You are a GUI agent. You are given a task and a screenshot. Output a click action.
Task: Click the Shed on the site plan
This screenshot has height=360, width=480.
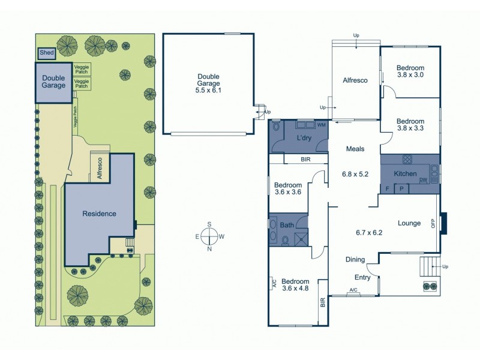[x=46, y=53]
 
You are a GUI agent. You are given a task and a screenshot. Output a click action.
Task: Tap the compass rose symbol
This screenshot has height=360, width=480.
[x=209, y=236]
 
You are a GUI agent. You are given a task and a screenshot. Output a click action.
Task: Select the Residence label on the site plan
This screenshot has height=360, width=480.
[x=99, y=214]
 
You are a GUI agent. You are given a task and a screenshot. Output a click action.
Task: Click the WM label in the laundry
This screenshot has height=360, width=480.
[x=321, y=125]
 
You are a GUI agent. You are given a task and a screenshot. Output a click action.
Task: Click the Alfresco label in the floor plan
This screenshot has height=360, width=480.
[x=355, y=80]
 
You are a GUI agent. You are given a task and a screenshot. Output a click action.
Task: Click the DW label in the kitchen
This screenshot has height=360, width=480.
[x=423, y=180]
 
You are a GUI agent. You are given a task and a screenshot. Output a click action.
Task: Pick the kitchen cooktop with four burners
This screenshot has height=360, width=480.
[x=407, y=160]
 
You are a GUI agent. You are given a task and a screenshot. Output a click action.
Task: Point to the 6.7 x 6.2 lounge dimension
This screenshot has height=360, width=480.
[x=369, y=233]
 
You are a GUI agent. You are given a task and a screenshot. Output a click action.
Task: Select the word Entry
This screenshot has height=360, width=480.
[x=362, y=278]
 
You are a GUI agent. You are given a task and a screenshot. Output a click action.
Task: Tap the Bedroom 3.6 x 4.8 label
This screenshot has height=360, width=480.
[x=295, y=285]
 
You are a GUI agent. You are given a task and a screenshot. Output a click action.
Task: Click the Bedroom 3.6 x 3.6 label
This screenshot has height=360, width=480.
[x=287, y=188]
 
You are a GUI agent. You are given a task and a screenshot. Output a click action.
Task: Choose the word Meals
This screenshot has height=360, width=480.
[x=355, y=149]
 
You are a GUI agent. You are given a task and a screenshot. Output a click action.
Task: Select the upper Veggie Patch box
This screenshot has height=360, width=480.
[x=81, y=69]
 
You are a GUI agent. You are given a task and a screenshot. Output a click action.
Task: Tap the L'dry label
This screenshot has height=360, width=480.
[x=303, y=139]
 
